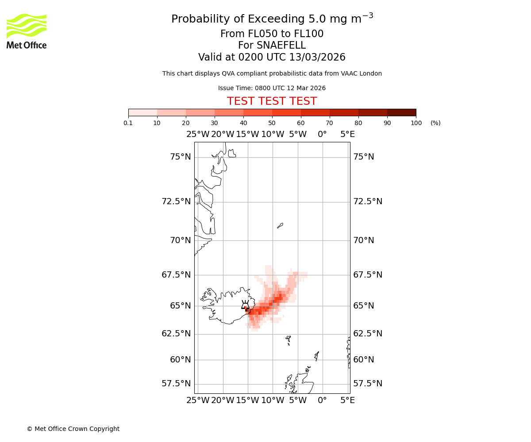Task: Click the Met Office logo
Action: coord(27,31)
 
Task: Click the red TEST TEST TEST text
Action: coord(272,101)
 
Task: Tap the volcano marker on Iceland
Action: coord(245,305)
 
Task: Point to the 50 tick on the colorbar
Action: coord(272,123)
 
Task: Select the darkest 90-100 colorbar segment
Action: coord(401,112)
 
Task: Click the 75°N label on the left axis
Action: coord(181,157)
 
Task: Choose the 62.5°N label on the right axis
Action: coord(368,334)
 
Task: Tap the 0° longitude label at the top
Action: coord(322,134)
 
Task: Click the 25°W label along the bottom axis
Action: coord(198,400)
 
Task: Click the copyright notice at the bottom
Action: coord(73,429)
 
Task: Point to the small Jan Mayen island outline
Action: coord(280,225)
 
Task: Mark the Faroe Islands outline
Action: coord(289,340)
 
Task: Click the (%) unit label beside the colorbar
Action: coord(435,123)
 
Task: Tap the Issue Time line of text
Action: coord(272,88)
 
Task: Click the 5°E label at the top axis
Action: coord(347,134)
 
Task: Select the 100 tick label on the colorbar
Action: coord(416,123)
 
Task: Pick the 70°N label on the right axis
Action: coord(364,240)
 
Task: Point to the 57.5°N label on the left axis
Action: coord(176,384)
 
